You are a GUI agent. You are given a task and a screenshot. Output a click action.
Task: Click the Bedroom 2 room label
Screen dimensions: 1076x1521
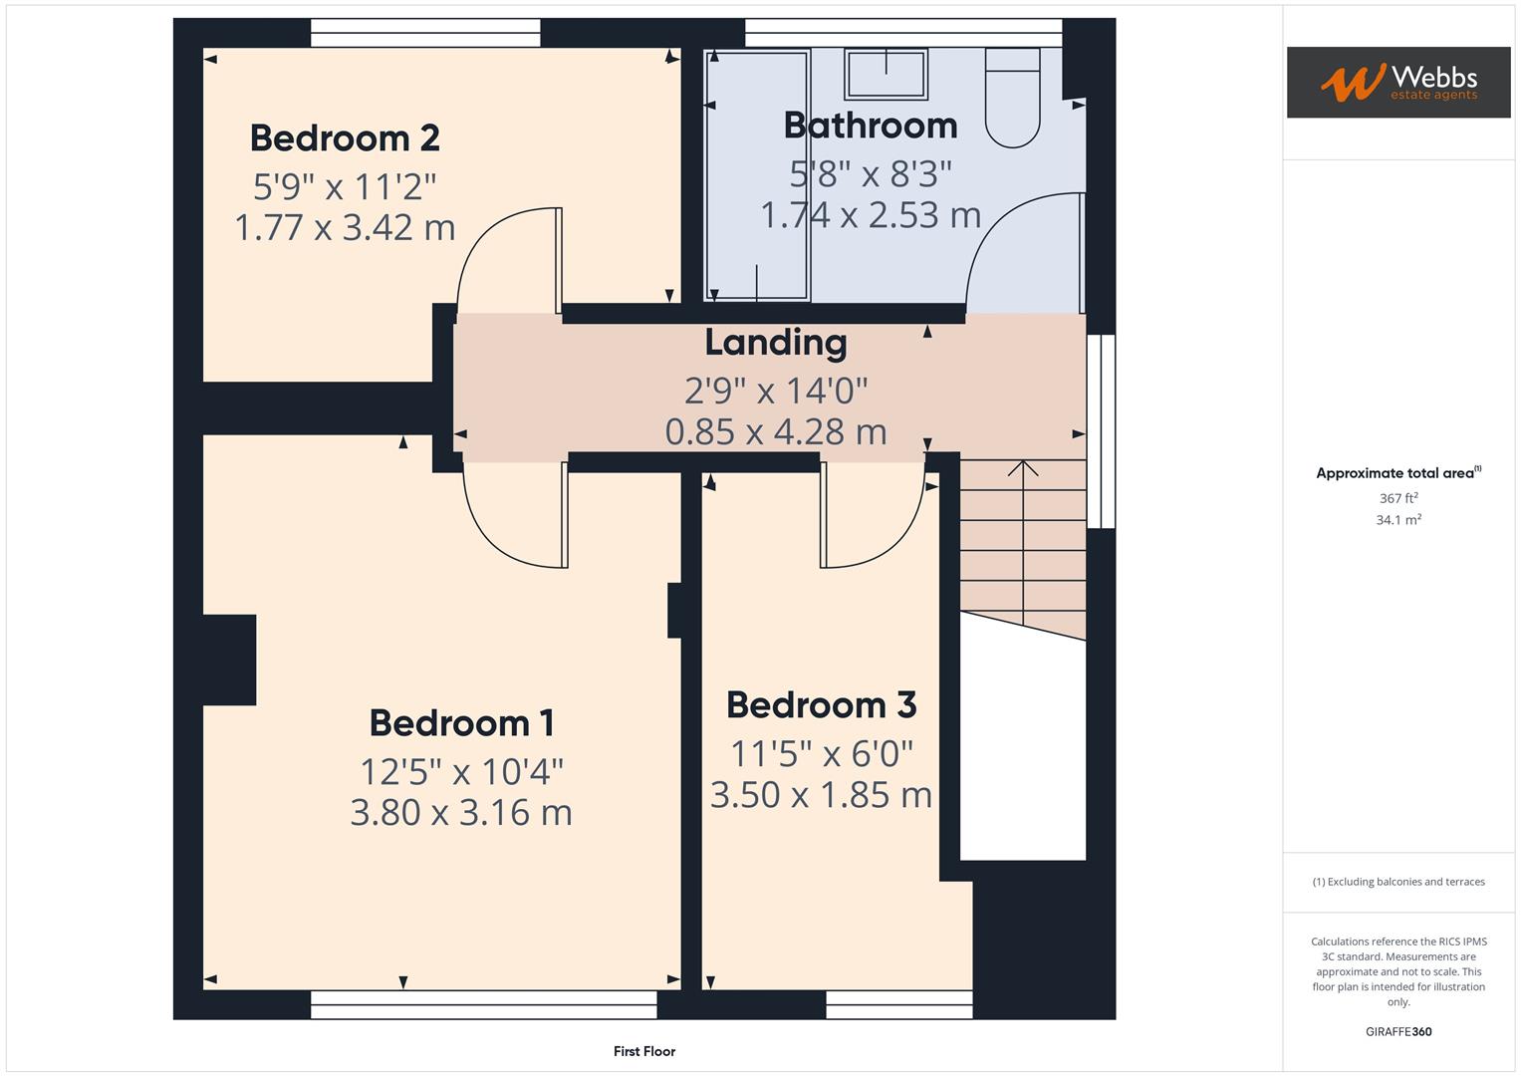pyautogui.click(x=345, y=137)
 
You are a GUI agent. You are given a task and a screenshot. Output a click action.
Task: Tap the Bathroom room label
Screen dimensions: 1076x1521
pyautogui.click(x=871, y=126)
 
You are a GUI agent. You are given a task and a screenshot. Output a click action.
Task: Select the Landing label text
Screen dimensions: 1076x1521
pyautogui.click(x=776, y=342)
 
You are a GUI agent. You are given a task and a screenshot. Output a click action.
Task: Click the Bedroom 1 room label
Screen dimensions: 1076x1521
pyautogui.click(x=461, y=722)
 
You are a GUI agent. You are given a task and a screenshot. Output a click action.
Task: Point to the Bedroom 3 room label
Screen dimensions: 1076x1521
pyautogui.click(x=821, y=704)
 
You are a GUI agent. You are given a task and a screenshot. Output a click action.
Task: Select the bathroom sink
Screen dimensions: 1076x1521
pyautogui.click(x=886, y=74)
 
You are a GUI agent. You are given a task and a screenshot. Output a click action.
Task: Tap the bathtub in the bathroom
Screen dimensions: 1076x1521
pyautogui.click(x=757, y=175)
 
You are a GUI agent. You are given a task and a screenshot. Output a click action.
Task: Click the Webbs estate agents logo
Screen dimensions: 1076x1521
pyautogui.click(x=1397, y=82)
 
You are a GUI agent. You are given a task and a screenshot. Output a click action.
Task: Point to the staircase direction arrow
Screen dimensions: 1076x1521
pyautogui.click(x=1023, y=468)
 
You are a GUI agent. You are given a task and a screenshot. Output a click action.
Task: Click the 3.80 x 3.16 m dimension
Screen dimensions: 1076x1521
pyautogui.click(x=461, y=813)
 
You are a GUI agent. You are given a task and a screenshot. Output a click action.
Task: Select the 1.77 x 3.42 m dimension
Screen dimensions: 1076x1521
pyautogui.click(x=345, y=227)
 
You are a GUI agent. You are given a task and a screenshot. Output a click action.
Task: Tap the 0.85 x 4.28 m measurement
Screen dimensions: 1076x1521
pyautogui.click(x=776, y=431)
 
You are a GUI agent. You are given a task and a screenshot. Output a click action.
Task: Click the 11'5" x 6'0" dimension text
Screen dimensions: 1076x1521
pyautogui.click(x=821, y=753)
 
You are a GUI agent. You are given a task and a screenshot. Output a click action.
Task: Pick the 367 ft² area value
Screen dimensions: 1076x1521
pyautogui.click(x=1397, y=498)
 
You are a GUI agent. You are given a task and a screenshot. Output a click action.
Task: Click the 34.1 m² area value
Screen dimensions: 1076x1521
pyautogui.click(x=1397, y=520)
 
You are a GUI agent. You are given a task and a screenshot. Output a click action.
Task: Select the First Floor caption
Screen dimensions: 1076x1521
pyautogui.click(x=644, y=1051)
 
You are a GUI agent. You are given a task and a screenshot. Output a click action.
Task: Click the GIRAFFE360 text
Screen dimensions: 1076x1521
pyautogui.click(x=1397, y=1031)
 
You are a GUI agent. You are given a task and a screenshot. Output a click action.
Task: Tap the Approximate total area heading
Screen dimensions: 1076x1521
pyautogui.click(x=1397, y=473)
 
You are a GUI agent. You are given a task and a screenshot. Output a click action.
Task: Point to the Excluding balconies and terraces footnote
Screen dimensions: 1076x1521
pyautogui.click(x=1397, y=882)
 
